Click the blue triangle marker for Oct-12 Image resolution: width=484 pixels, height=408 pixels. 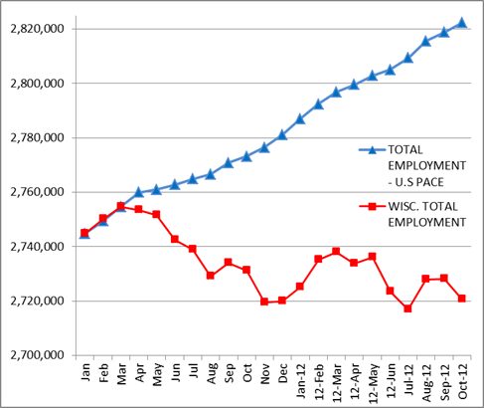[x=462, y=23]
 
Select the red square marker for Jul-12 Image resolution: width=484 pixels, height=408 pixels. [x=407, y=308]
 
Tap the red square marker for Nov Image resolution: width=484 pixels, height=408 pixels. [x=264, y=302]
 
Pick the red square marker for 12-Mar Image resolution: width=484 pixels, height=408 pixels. [x=336, y=251]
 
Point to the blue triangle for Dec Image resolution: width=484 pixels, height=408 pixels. [x=282, y=134]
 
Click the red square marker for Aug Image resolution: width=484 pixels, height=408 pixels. [x=210, y=276]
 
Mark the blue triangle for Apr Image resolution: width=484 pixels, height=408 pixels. [x=138, y=192]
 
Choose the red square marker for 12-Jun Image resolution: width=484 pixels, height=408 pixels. [x=390, y=291]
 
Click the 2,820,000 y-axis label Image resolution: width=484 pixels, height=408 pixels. [x=37, y=29]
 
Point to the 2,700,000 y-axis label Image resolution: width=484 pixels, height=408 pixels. [x=37, y=355]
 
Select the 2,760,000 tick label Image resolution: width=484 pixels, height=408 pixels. [x=37, y=192]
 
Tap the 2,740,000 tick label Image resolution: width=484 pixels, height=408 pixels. [x=37, y=247]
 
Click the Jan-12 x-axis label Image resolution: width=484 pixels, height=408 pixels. [x=301, y=381]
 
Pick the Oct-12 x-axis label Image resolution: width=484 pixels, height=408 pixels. [x=462, y=381]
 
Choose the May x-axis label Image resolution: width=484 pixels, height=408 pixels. [x=157, y=374]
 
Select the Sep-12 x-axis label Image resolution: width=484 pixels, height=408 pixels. [x=444, y=382]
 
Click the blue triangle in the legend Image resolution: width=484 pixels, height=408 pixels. [x=373, y=150]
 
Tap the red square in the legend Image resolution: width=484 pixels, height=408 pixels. [x=373, y=207]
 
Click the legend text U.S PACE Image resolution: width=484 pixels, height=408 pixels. [x=419, y=182]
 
